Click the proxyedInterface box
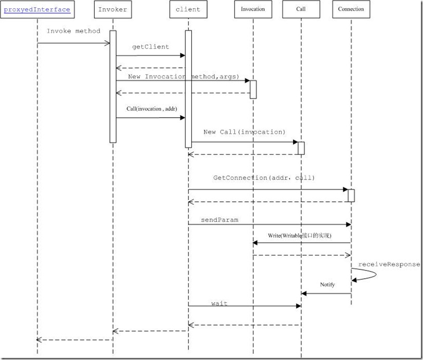[x=37, y=9]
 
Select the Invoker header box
[x=113, y=9]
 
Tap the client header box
[x=188, y=9]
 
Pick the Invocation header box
[x=253, y=9]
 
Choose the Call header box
[x=301, y=9]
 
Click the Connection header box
[x=351, y=9]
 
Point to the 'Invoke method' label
[x=73, y=31]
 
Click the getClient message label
[x=150, y=47]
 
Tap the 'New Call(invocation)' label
[x=244, y=132]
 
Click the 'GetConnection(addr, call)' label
[x=264, y=177]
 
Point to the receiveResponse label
[x=389, y=264]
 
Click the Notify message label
[x=327, y=284]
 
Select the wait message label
[x=219, y=303]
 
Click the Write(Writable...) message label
[x=300, y=236]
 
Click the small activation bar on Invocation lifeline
[x=253, y=89]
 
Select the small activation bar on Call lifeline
[x=301, y=148]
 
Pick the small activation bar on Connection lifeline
[x=351, y=195]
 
